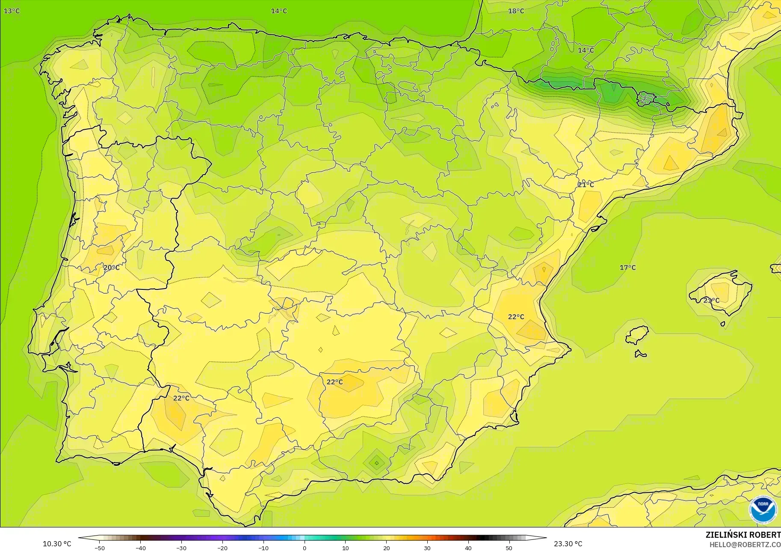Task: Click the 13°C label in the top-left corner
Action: tap(12, 11)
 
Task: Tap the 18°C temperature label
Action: tap(516, 11)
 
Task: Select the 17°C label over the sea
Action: tap(627, 268)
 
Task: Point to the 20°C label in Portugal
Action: tap(111, 268)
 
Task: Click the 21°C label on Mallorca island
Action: tap(711, 301)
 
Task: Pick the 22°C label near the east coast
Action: tap(516, 317)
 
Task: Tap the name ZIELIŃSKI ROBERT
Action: tap(743, 535)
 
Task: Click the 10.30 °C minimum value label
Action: tap(57, 544)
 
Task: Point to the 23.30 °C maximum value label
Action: tap(568, 544)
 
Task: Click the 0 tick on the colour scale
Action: tap(305, 548)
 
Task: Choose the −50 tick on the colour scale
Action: tap(99, 548)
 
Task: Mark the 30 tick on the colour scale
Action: tap(427, 548)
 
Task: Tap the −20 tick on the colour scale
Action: tap(222, 548)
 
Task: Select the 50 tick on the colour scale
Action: tap(509, 548)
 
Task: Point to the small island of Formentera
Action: tap(640, 354)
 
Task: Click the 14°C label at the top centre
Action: tap(279, 11)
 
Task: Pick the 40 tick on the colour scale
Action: tap(468, 548)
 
